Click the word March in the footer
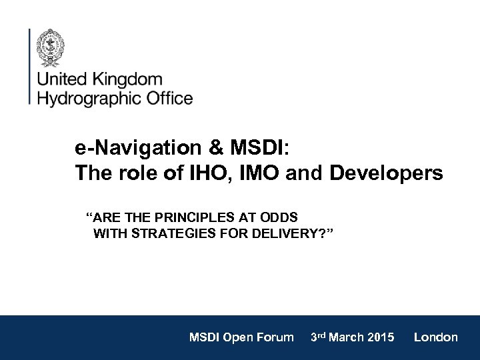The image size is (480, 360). click(350, 337)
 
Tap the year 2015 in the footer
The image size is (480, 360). click(381, 337)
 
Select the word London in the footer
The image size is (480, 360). click(435, 337)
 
